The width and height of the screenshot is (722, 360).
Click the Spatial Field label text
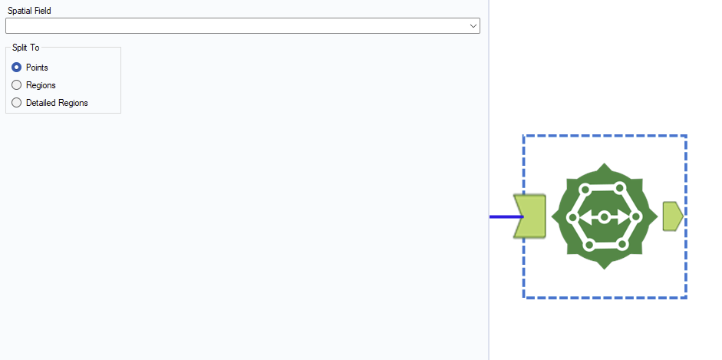coord(29,11)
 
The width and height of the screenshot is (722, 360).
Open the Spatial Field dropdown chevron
coord(473,26)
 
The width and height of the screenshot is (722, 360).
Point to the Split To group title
coord(26,48)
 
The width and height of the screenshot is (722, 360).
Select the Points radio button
coord(17,68)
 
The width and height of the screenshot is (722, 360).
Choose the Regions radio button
coord(17,85)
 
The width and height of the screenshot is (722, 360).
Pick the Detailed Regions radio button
coord(17,103)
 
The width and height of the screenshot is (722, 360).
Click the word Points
coord(38,68)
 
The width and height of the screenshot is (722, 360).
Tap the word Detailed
coord(40,103)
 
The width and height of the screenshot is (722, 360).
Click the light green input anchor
coord(530,216)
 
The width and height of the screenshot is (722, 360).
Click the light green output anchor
coord(673,216)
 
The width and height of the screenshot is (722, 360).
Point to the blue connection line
coord(506,216)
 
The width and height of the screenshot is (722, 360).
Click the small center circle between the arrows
coord(604,216)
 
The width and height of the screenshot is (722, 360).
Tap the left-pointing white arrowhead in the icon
coord(585,216)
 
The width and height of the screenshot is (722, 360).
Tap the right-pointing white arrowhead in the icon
coord(622,216)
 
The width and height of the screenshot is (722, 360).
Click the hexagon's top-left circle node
coord(585,188)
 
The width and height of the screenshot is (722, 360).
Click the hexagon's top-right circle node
coord(620,188)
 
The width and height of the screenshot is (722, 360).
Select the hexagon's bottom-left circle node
coord(588,246)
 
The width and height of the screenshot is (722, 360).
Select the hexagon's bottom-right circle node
coord(622,245)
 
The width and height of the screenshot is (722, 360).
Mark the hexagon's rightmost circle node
coord(636,216)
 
